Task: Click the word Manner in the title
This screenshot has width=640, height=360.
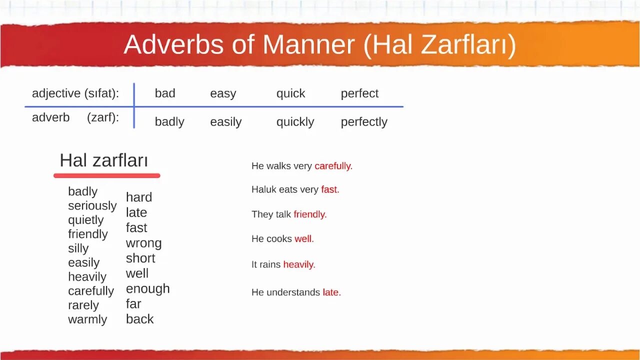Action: tap(308, 45)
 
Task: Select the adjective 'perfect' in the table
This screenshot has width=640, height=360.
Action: tap(359, 93)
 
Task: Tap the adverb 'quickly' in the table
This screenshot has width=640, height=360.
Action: tap(295, 122)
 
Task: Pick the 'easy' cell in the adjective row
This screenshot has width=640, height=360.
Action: tap(223, 93)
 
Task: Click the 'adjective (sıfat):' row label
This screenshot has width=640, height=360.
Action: tap(75, 93)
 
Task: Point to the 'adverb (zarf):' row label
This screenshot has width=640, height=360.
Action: tap(75, 118)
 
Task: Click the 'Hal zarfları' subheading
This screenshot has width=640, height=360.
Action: tap(103, 160)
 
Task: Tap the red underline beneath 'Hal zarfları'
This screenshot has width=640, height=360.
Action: tap(106, 175)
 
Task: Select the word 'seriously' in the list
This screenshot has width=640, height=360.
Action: tap(92, 205)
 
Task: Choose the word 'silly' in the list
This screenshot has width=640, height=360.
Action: tap(78, 248)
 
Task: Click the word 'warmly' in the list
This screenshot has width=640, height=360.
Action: tap(87, 319)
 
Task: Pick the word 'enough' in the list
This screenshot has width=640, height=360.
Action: tap(147, 288)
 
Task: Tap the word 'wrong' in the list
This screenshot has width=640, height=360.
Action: tap(143, 243)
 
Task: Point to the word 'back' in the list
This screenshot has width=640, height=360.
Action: tap(139, 319)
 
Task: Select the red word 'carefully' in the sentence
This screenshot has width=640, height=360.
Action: tap(332, 166)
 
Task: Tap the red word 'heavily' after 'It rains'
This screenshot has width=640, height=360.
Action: tap(298, 264)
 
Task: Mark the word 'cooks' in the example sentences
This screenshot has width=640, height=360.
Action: tap(279, 239)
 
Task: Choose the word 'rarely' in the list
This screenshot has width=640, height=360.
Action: tap(83, 305)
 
